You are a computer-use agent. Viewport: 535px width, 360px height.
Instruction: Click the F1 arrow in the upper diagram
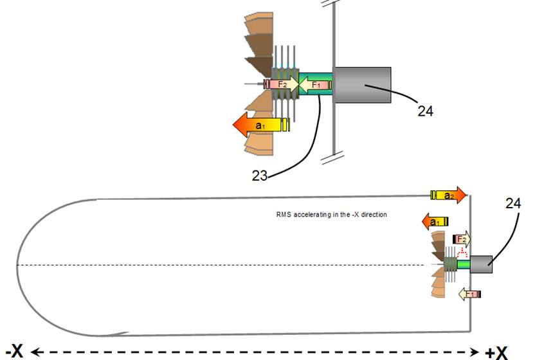click(314, 85)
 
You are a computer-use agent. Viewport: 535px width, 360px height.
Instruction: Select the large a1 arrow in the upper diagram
click(260, 125)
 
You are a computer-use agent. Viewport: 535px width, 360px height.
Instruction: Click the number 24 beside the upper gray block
click(425, 111)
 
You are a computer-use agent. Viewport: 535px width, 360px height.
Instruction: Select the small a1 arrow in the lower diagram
click(435, 221)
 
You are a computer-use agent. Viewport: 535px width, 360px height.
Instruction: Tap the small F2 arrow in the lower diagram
click(462, 239)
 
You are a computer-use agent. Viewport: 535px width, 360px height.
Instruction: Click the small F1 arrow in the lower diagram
click(468, 294)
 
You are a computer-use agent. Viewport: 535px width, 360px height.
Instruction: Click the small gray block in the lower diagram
click(482, 264)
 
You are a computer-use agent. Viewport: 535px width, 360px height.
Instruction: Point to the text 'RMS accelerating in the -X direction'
click(327, 214)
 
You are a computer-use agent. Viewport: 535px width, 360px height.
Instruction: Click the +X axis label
click(496, 352)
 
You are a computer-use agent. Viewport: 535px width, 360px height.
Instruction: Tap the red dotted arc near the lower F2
click(460, 253)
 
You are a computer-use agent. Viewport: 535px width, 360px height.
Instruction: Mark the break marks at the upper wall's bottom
click(332, 154)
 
